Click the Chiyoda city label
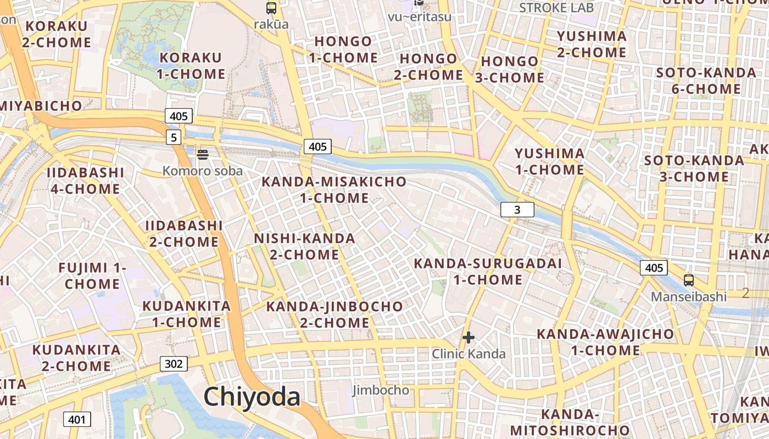(x=252, y=397)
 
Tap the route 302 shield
(x=174, y=363)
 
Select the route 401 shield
(x=77, y=420)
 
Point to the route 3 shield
(x=517, y=209)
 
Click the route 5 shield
(x=174, y=137)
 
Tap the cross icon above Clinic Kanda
(x=469, y=337)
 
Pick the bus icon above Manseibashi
(x=689, y=280)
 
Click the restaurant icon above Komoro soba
(x=202, y=155)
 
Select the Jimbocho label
(x=381, y=390)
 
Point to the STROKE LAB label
(x=556, y=8)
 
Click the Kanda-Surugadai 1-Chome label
(x=488, y=272)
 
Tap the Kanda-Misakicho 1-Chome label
(x=334, y=190)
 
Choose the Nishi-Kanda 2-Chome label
(x=304, y=246)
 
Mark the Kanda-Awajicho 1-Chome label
(x=605, y=342)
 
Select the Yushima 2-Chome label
(x=592, y=44)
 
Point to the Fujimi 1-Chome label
(x=92, y=276)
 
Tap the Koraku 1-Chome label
(x=192, y=66)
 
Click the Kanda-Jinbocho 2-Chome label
(x=335, y=314)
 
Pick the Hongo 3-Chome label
(x=509, y=70)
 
